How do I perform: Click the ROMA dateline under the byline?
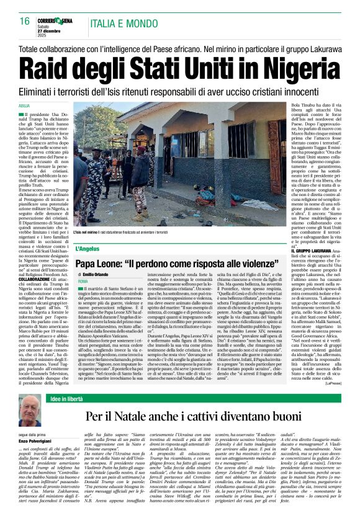coord(83,281)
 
